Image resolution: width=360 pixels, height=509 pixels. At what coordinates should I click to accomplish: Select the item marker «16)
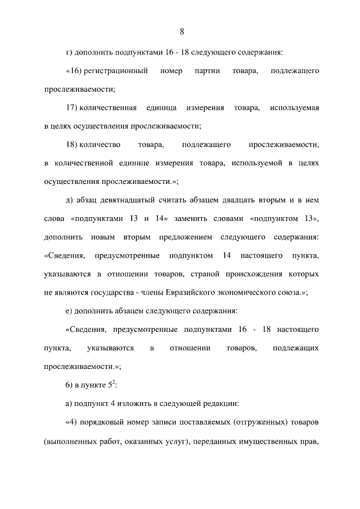(74, 71)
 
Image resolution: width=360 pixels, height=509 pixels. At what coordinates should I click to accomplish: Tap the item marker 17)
(71, 108)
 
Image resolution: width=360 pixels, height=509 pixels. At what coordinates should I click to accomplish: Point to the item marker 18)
(71, 145)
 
